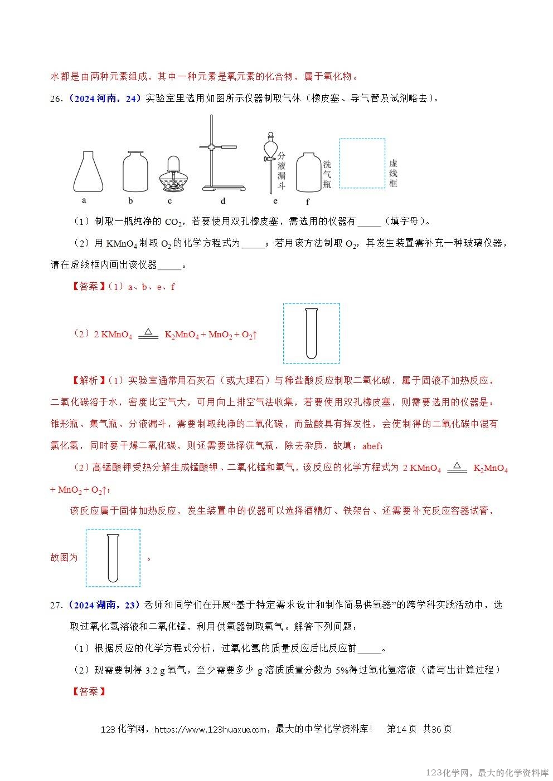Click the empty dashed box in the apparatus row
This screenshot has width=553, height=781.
tap(362, 163)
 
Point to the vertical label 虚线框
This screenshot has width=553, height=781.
tap(394, 173)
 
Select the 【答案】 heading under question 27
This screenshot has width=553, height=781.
tap(88, 691)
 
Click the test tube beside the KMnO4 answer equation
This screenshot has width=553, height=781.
tap(311, 333)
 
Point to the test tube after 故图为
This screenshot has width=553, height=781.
tap(113, 557)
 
